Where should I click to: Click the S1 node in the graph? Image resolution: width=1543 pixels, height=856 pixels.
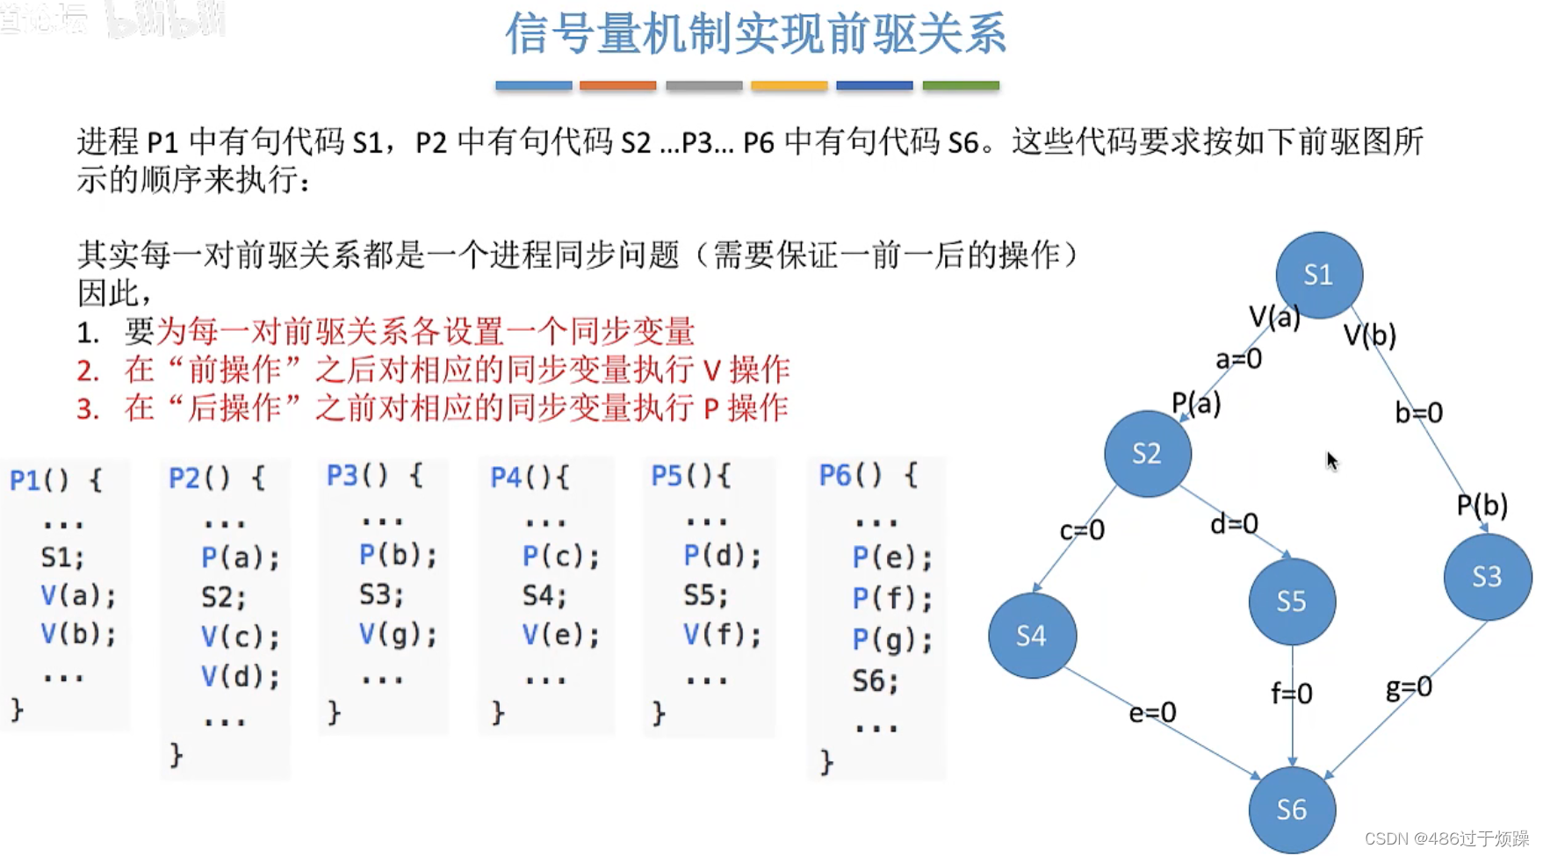click(1318, 275)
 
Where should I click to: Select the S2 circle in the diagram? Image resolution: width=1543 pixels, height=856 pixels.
click(1147, 453)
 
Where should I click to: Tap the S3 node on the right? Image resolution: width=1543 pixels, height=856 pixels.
click(1487, 577)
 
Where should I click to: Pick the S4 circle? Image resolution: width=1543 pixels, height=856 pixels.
click(1032, 636)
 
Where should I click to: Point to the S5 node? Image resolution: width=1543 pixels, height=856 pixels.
click(1291, 601)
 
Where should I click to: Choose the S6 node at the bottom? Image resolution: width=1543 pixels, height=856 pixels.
click(1291, 809)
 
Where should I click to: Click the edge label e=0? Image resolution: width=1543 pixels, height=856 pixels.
click(1152, 712)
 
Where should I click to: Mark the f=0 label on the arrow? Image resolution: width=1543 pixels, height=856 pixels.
click(1291, 694)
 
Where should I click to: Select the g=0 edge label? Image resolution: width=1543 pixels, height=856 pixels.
click(1409, 687)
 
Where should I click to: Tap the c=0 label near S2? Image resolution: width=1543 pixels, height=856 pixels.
click(1082, 530)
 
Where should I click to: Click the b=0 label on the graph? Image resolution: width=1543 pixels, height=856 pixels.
click(1418, 413)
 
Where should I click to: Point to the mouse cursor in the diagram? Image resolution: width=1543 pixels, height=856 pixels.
click(1332, 461)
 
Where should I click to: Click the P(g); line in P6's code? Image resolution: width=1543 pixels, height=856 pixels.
click(891, 640)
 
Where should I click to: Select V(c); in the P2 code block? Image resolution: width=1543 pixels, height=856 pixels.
click(240, 637)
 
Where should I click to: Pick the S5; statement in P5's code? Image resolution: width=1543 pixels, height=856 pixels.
click(706, 596)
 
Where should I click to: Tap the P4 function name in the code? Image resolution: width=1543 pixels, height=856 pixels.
click(506, 478)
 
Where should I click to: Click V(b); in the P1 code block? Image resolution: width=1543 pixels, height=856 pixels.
click(78, 634)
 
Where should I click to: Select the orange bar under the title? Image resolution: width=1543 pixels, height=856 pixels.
click(617, 86)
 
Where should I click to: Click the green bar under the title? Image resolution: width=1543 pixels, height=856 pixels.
click(960, 86)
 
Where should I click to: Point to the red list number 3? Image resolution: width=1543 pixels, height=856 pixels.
click(87, 409)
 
